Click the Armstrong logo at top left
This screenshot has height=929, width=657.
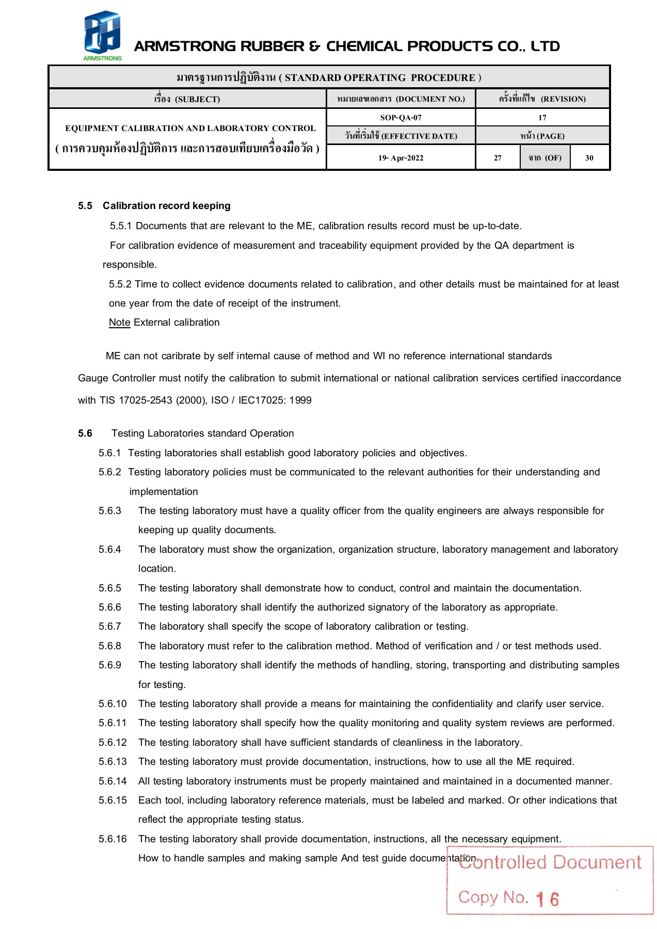point(102,35)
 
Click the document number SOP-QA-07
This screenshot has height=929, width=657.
point(400,118)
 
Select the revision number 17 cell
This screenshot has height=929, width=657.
point(542,118)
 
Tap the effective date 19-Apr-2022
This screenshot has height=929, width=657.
point(400,158)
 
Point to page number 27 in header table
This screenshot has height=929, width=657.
point(498,158)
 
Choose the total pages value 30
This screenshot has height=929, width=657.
point(589,158)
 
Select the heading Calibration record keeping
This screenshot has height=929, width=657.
point(166,206)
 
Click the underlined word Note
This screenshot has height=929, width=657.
point(119,323)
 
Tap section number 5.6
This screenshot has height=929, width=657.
point(85,434)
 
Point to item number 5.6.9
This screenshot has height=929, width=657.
point(110,665)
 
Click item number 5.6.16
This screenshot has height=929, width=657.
point(113,839)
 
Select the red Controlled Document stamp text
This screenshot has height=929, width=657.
point(550,862)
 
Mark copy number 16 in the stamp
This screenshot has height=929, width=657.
point(548,900)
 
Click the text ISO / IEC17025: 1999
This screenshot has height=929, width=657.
point(261,401)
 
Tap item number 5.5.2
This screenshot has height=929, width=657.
point(120,284)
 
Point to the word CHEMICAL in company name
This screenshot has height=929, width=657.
point(364,46)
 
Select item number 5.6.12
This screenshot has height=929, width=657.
point(113,743)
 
